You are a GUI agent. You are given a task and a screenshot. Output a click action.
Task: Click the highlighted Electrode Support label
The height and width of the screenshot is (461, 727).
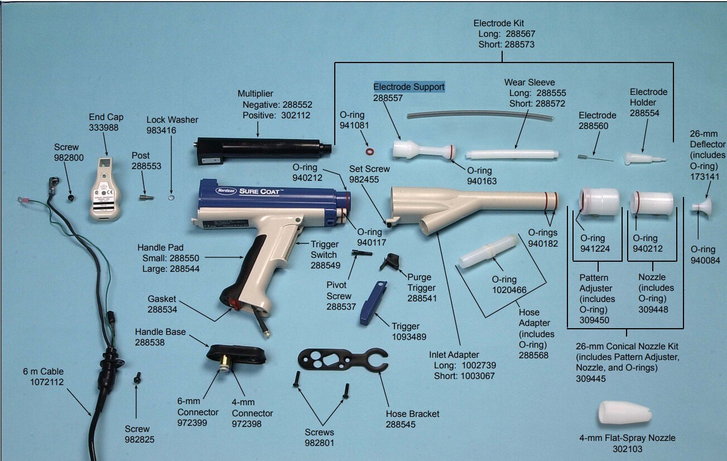click(409, 87)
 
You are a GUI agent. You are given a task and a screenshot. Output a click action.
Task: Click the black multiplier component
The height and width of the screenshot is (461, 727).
click(263, 150)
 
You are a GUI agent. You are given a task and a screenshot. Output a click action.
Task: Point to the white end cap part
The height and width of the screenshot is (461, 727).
click(105, 189)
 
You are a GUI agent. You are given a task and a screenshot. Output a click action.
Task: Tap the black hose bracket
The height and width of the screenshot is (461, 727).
click(343, 359)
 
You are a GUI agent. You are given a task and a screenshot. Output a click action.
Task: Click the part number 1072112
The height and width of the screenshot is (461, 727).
click(47, 382)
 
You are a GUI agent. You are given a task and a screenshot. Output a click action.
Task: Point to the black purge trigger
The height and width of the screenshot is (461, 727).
click(390, 262)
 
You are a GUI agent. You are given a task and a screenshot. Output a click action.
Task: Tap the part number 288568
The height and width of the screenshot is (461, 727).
click(533, 355)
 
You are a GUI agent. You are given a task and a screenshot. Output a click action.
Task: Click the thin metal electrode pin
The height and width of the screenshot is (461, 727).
click(595, 158)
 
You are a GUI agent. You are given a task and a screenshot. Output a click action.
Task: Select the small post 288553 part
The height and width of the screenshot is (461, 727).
click(146, 198)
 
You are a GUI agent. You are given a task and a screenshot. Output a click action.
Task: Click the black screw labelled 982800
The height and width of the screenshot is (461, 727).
click(70, 198)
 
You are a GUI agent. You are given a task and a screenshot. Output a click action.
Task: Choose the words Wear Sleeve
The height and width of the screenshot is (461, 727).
click(529, 83)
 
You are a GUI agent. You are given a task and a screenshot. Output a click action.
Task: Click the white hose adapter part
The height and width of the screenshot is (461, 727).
click(488, 252)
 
